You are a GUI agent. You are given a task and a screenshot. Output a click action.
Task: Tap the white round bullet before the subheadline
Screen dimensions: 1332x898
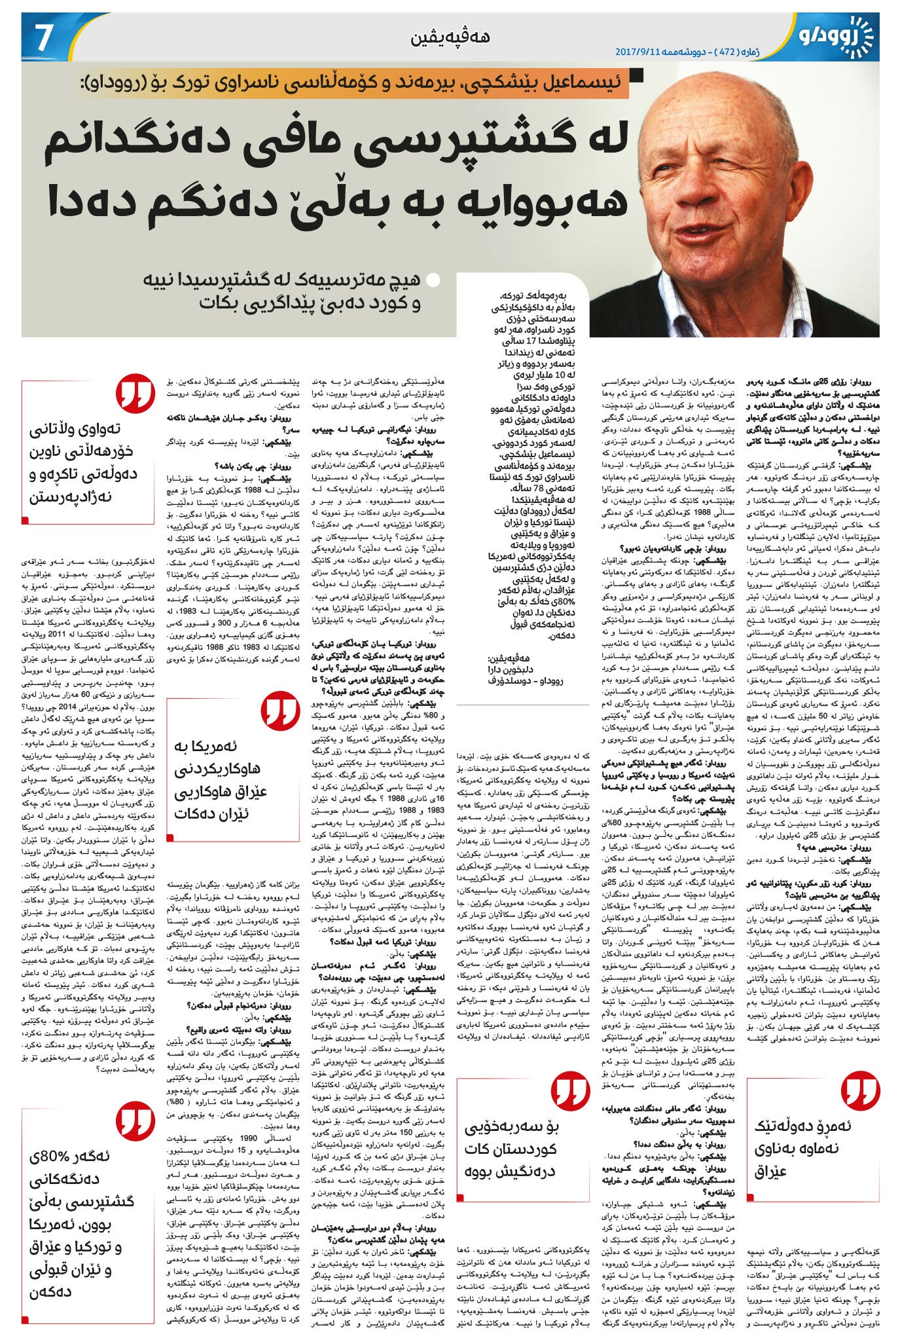click(432, 282)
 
